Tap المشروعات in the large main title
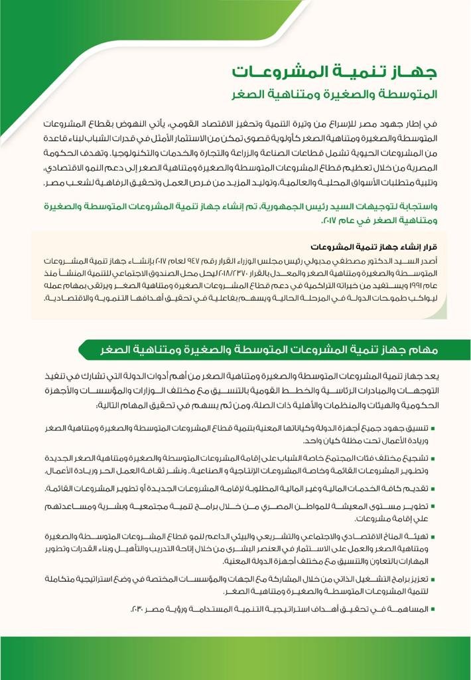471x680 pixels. tap(279, 70)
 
